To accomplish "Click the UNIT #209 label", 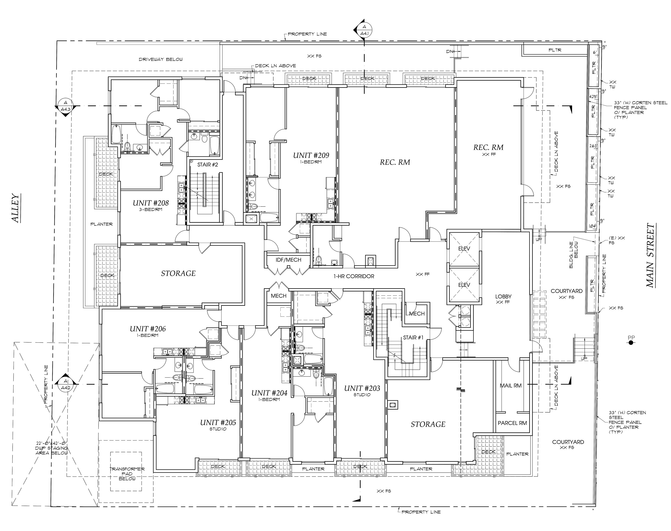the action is (x=311, y=155).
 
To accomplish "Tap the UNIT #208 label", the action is (x=151, y=203).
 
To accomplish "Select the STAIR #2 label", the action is (x=208, y=164).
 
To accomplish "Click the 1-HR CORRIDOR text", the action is (x=354, y=276).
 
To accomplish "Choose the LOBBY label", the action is (x=503, y=297).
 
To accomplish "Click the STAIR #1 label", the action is (x=413, y=338).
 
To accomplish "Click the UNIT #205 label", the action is (x=218, y=422).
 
